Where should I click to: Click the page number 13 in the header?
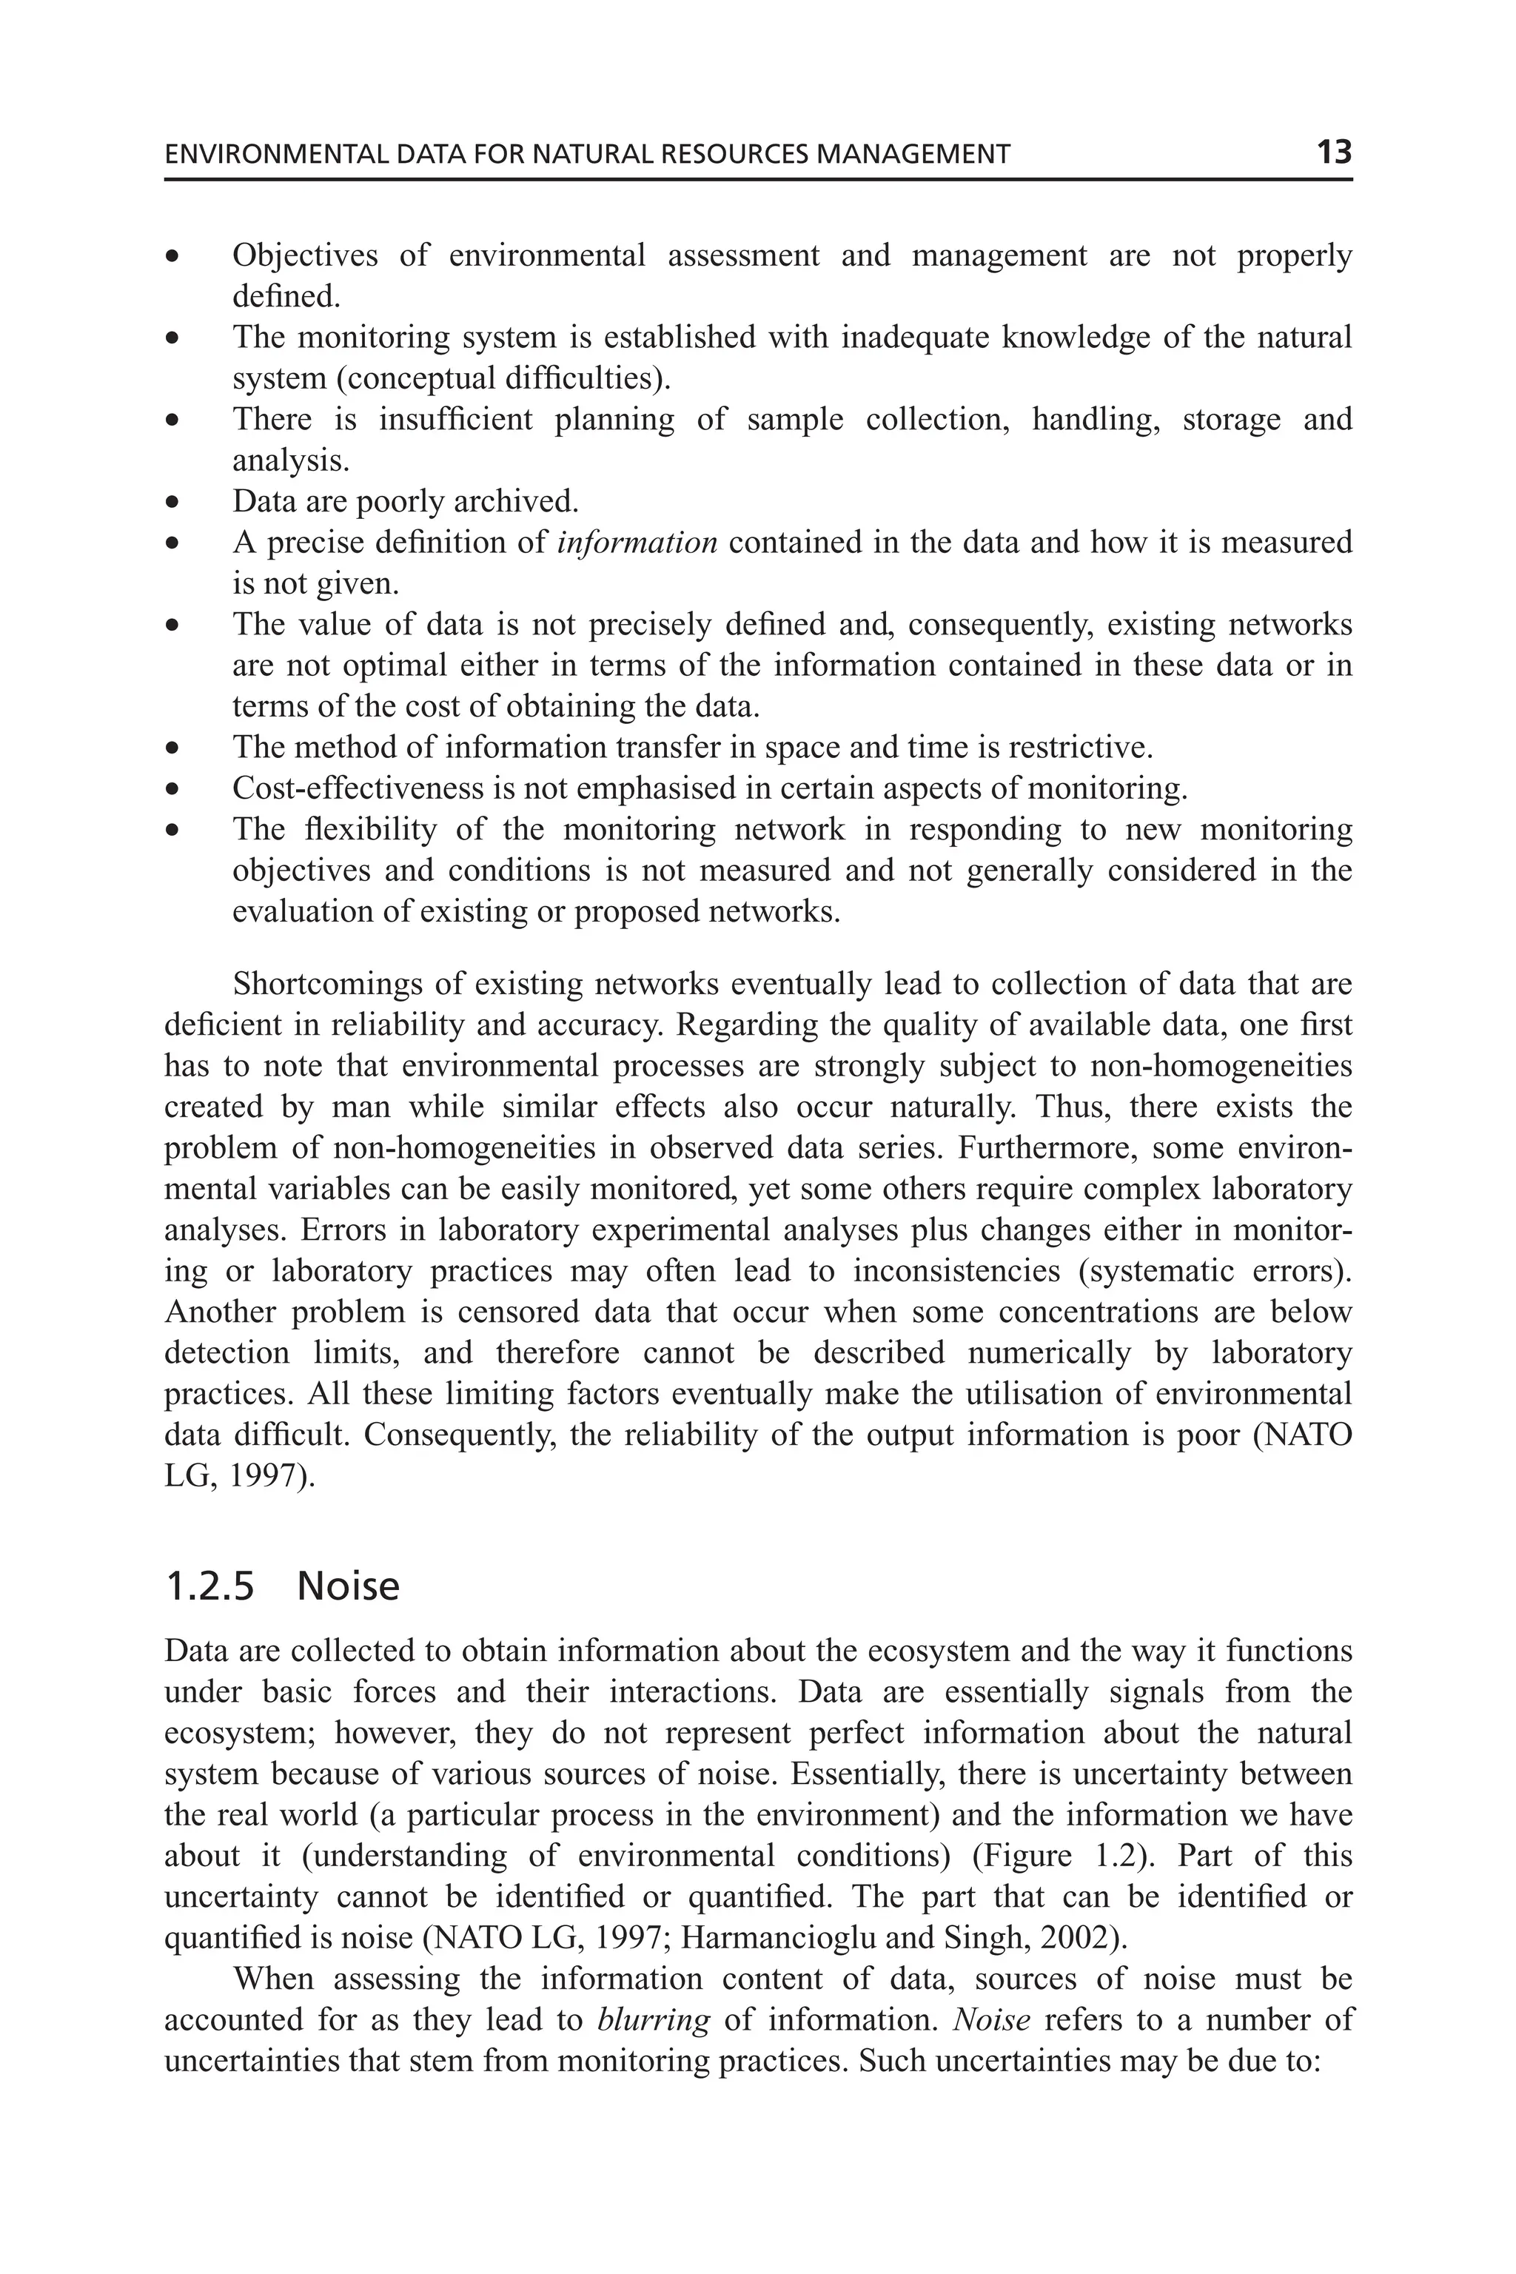(1333, 152)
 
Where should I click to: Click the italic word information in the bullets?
(637, 543)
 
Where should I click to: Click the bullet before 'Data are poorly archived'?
(172, 503)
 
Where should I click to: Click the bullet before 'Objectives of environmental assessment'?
(172, 257)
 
